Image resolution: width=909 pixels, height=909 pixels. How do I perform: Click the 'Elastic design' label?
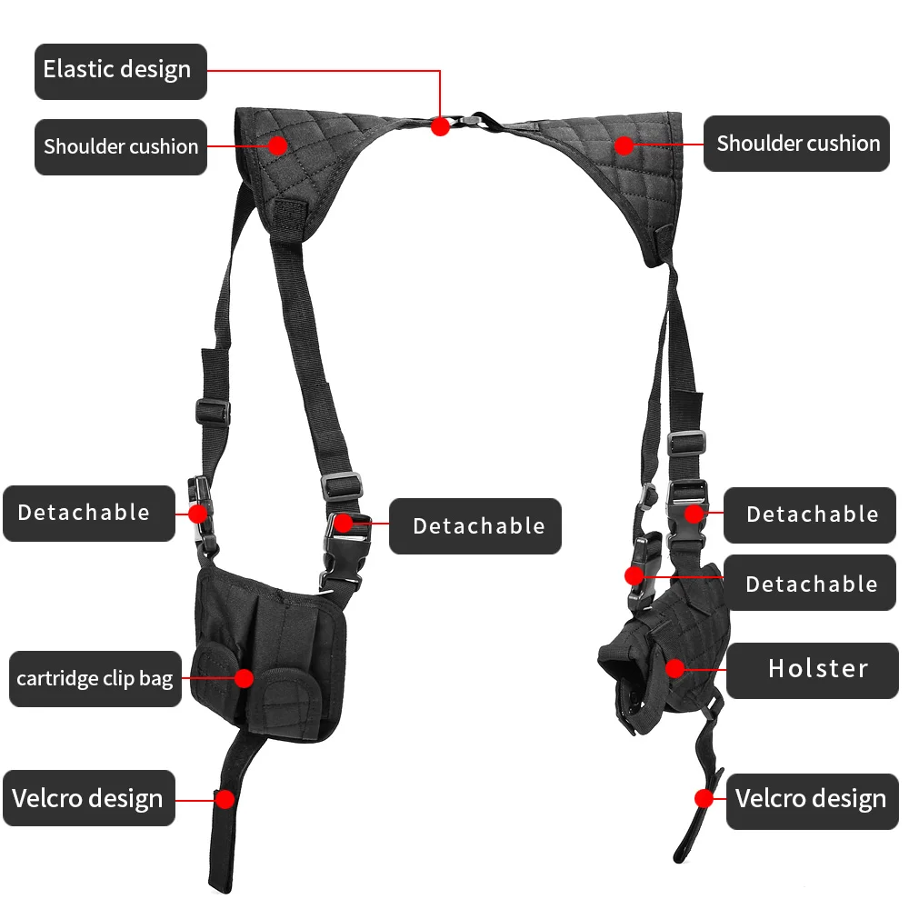tap(120, 71)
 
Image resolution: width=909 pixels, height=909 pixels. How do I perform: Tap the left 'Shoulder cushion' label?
tap(120, 146)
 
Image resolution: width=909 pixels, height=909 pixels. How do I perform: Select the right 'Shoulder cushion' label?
tap(797, 144)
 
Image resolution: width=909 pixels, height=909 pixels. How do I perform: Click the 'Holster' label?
tap(817, 670)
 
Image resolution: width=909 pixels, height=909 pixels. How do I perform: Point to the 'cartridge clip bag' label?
tap(95, 678)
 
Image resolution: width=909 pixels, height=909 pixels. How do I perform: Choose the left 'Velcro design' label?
tap(87, 799)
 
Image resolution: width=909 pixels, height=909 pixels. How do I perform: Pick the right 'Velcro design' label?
tap(810, 800)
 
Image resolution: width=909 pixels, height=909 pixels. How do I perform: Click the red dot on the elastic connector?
tap(440, 126)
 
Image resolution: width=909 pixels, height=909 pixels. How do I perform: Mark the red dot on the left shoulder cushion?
tap(277, 144)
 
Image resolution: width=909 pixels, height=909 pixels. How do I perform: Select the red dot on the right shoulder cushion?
tap(624, 144)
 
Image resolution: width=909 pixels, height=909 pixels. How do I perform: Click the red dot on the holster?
tap(674, 669)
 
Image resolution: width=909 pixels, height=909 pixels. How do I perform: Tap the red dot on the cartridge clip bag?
tap(244, 677)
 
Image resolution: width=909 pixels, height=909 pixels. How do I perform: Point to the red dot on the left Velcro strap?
tap(224, 799)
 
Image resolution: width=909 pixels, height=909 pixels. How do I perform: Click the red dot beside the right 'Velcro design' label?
tap(704, 798)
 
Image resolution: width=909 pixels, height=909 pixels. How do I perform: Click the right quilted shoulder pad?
tap(627, 173)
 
